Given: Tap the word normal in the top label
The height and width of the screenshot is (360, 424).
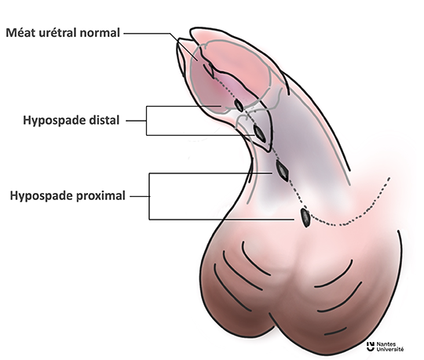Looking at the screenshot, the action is [x=100, y=33].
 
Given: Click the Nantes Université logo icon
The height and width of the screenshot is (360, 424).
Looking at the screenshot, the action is [x=371, y=347].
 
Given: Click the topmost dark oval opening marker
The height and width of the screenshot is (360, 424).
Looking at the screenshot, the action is [x=239, y=105].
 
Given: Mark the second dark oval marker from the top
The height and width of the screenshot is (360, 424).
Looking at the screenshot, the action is [x=260, y=133].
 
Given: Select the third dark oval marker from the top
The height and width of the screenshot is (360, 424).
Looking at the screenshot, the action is [x=283, y=171].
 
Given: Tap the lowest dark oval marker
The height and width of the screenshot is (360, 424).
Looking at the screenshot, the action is [x=305, y=217].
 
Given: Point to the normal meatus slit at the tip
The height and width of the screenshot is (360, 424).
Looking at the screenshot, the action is [x=209, y=70].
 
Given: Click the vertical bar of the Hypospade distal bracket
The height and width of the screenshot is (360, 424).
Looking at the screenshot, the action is [x=147, y=121].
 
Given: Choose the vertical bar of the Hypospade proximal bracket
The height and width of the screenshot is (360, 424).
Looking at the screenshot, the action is [x=149, y=196].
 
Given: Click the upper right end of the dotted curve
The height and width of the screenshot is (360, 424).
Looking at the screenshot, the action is [x=389, y=178].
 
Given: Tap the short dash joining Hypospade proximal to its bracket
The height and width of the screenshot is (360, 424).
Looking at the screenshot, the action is [x=139, y=196].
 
